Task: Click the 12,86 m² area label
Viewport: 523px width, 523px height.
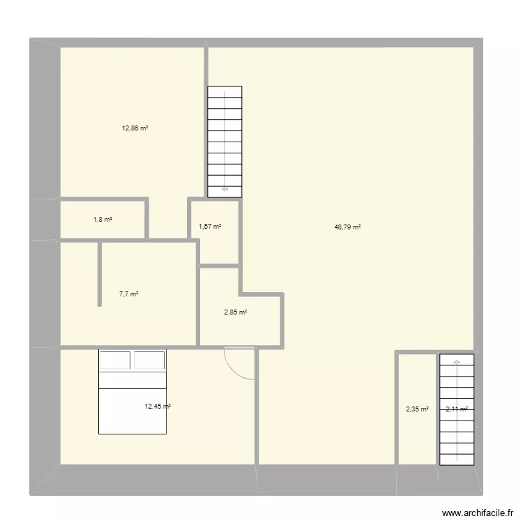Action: point(135,128)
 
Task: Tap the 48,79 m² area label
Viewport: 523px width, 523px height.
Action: point(347,227)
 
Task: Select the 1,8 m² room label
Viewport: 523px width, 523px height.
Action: point(103,220)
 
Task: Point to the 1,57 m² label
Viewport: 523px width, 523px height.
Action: point(209,227)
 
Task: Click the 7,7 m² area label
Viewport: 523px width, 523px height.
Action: point(128,294)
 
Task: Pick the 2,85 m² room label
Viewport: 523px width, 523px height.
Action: point(235,312)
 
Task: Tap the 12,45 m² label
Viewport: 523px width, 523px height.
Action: point(158,407)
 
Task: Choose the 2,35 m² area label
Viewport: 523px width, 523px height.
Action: point(417,410)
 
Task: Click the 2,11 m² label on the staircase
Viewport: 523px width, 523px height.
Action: point(456,410)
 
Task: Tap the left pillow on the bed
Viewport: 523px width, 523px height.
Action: point(115,360)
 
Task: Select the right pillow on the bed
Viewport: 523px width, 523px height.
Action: point(149,360)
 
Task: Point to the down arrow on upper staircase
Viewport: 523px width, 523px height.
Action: point(225,188)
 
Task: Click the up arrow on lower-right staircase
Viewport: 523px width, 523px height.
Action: point(457,362)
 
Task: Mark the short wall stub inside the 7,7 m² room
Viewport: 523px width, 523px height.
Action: point(100,273)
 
